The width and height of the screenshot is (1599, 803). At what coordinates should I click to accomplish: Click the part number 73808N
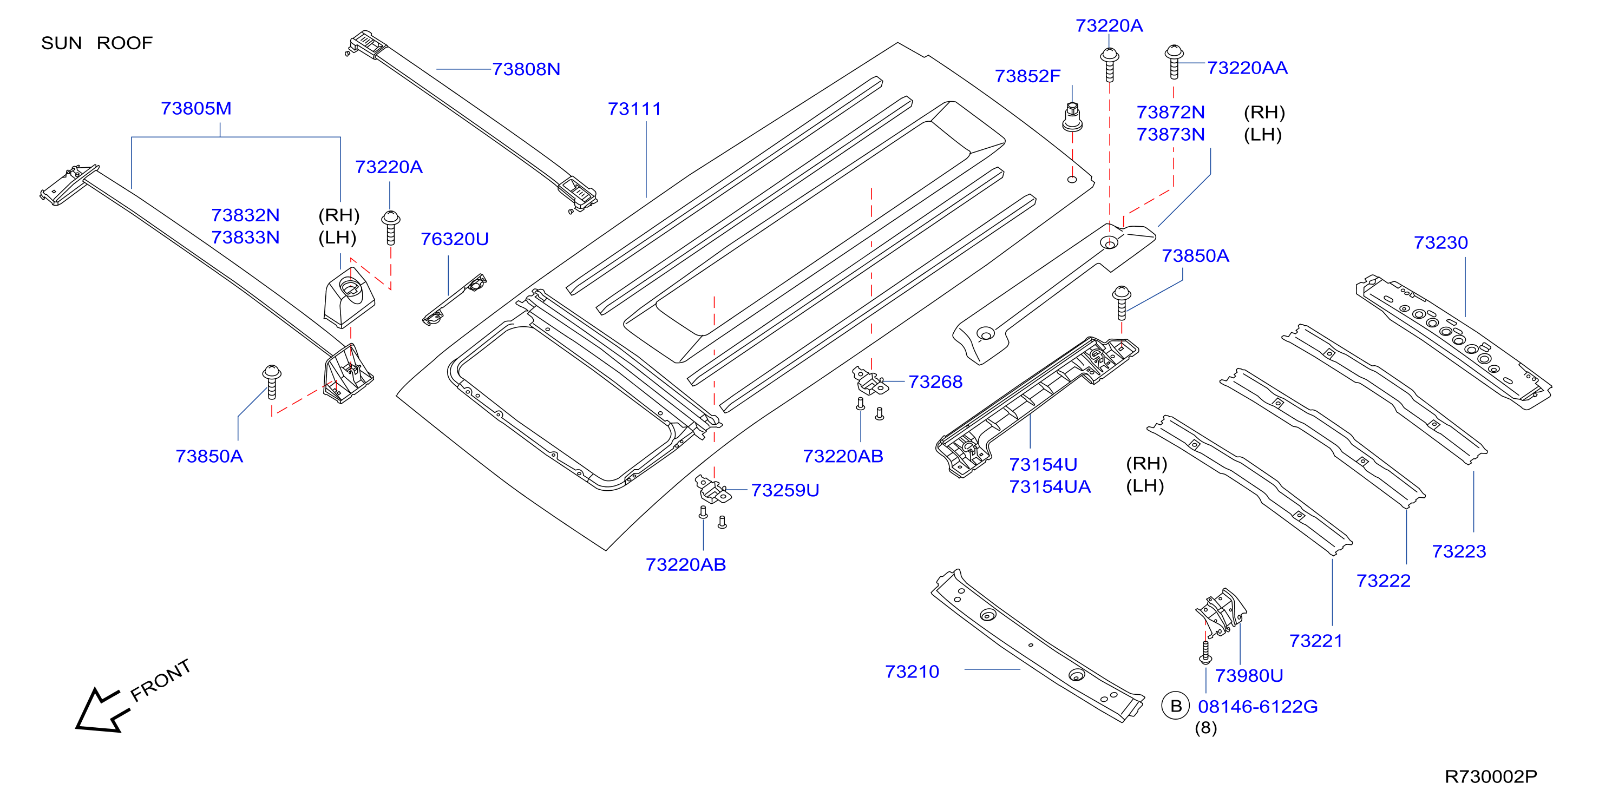[x=526, y=69]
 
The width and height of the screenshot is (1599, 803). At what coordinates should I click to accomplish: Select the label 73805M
[x=196, y=109]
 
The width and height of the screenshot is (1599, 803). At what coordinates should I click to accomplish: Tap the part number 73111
[x=634, y=109]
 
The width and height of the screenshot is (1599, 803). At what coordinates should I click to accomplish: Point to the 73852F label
[x=1027, y=76]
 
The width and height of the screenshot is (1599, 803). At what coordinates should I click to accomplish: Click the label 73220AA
[x=1247, y=68]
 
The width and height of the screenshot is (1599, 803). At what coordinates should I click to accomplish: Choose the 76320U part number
[x=454, y=239]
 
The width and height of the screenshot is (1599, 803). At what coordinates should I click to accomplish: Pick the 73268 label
[x=935, y=381]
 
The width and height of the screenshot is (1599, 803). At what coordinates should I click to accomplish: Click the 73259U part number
[x=785, y=490]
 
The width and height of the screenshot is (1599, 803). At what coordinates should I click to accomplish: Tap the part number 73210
[x=912, y=672]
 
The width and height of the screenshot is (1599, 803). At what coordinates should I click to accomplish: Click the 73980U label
[x=1249, y=676]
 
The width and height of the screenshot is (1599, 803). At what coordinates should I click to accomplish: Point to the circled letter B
[x=1176, y=706]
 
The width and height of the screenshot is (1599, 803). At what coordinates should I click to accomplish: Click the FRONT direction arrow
[x=102, y=710]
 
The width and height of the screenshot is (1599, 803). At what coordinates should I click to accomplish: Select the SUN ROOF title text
[x=97, y=43]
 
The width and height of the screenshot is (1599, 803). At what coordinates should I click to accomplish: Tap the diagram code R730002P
[x=1491, y=777]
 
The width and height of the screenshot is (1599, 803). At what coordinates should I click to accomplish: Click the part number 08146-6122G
[x=1257, y=707]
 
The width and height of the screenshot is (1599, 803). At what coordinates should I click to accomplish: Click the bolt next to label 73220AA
[x=1174, y=62]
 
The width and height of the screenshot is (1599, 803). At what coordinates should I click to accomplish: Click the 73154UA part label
[x=1050, y=486]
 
